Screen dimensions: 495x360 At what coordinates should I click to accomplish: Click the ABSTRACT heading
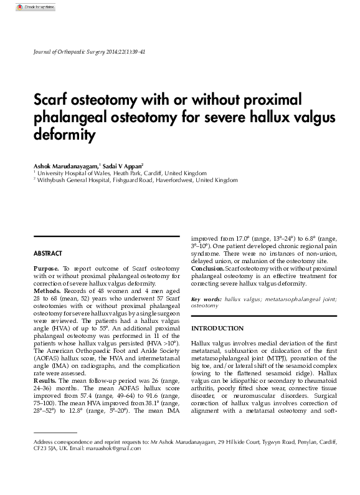pyautogui.click(x=47, y=254)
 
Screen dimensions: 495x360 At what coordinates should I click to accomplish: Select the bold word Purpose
pyautogui.click(x=47, y=267)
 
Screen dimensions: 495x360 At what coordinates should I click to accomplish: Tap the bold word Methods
pyautogui.click(x=47, y=291)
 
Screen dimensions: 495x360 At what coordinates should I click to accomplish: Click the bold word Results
pyautogui.click(x=45, y=380)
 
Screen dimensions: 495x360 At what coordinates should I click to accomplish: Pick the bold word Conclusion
pyautogui.click(x=207, y=268)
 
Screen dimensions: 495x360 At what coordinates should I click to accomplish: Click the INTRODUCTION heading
pyautogui.click(x=217, y=328)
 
